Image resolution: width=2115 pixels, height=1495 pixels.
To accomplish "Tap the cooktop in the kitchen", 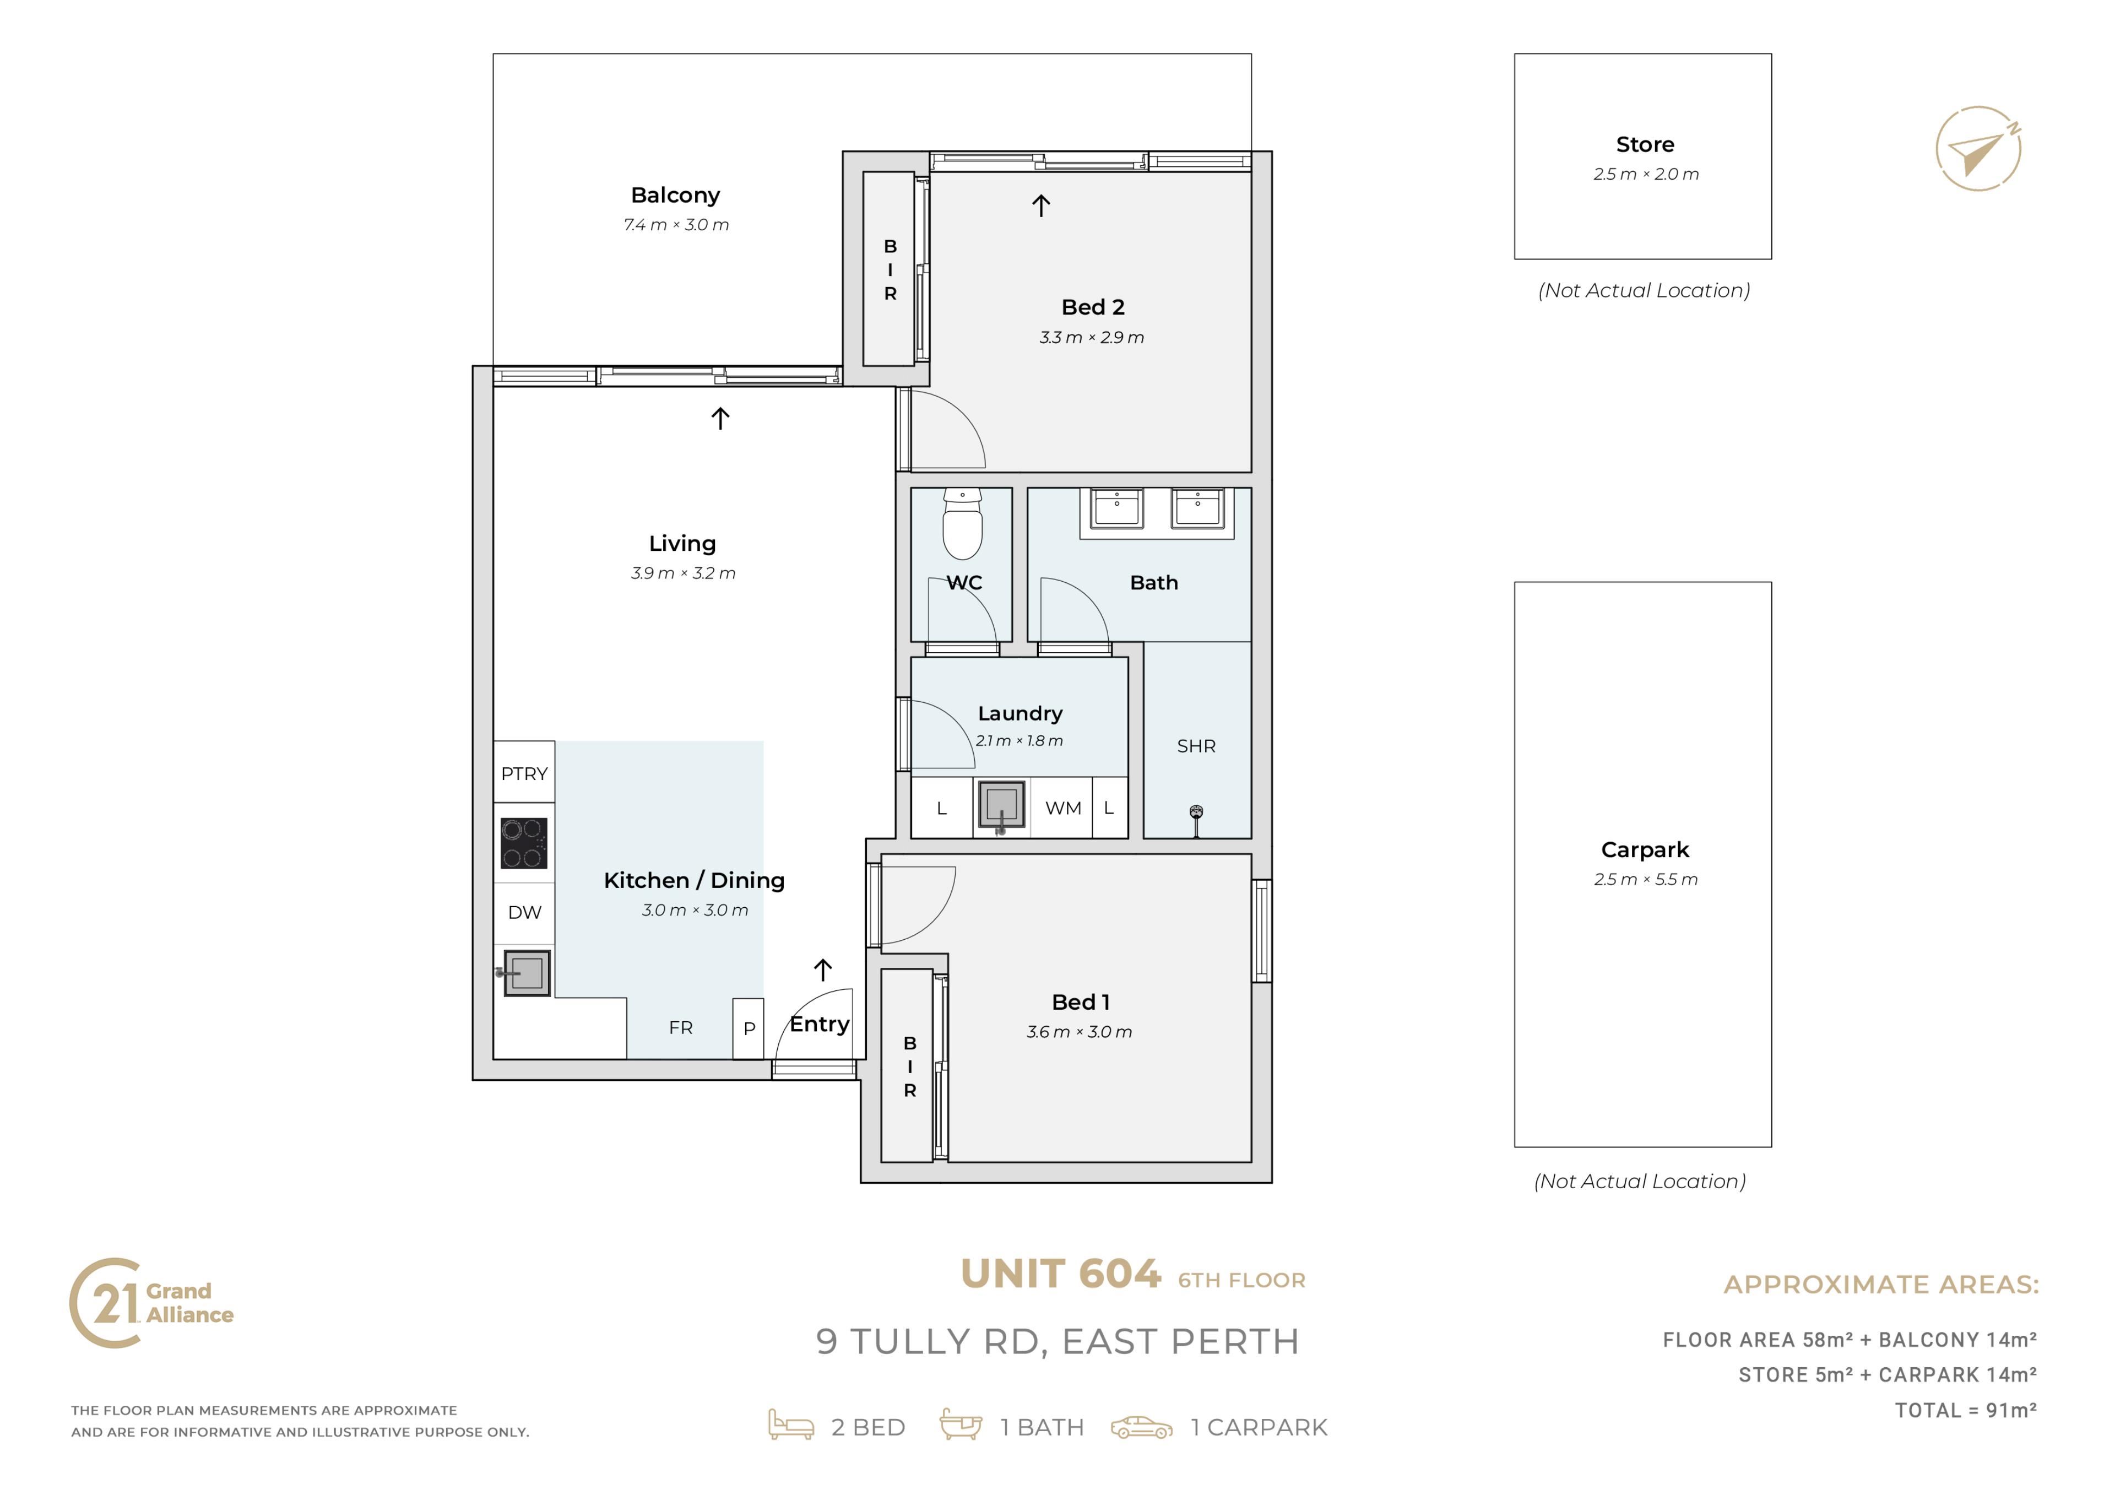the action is click(524, 843).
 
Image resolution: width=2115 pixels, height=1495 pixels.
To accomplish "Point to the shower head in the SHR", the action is click(1197, 820).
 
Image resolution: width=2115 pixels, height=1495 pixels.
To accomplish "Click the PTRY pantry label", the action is click(524, 774).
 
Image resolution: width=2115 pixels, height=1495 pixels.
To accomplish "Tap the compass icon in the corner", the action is click(1978, 148).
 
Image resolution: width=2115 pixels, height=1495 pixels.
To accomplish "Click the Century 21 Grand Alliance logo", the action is click(152, 1303).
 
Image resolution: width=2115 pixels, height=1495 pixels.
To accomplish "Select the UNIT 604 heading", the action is click(1060, 1275).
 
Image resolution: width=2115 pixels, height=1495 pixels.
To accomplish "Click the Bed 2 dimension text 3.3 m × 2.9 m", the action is click(1092, 337).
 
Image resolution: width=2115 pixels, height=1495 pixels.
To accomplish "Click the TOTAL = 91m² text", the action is click(1966, 1410).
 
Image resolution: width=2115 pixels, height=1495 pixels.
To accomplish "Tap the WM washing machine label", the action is click(1063, 808).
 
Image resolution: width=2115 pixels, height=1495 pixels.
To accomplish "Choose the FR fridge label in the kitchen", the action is click(681, 1027).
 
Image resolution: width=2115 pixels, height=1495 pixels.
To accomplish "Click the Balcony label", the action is click(675, 196).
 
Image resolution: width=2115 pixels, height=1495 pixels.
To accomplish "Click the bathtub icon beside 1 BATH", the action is click(960, 1424).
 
